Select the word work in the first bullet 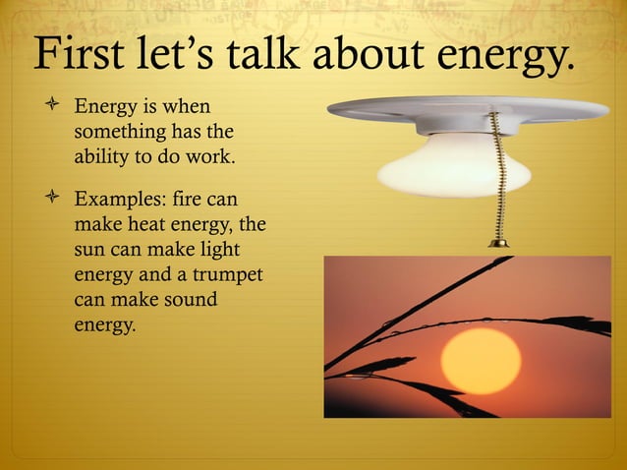coord(210,155)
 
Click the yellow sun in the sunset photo coord(480,361)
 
